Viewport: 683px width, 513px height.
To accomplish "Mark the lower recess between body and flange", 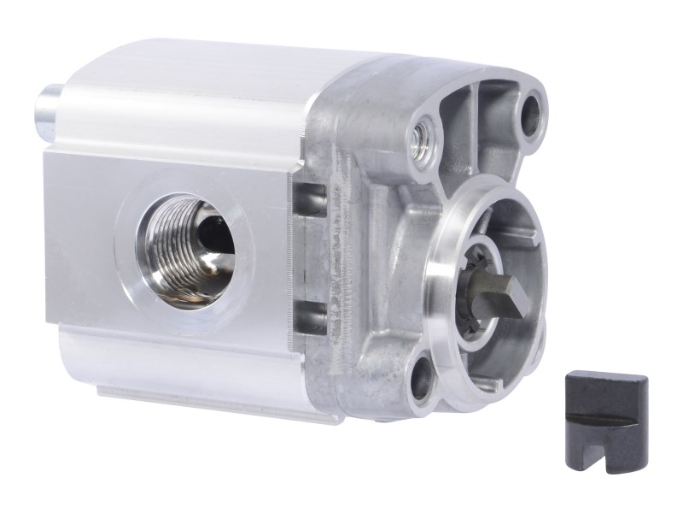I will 309,318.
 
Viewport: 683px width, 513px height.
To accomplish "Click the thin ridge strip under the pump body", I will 213,402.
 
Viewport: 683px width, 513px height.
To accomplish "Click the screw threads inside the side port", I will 167,248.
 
